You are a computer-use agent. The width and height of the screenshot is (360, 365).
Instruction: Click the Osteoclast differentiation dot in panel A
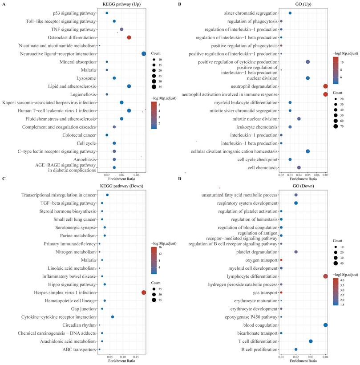point(129,37)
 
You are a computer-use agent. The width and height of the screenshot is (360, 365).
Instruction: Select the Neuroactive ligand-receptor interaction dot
point(144,54)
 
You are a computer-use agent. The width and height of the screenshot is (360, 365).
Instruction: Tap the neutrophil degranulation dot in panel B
point(325,86)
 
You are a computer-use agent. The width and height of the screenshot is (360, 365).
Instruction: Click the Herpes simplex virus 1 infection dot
point(144,292)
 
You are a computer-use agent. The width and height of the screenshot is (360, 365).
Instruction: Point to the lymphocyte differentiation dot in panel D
point(326,276)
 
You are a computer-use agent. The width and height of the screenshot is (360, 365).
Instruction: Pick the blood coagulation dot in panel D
point(326,325)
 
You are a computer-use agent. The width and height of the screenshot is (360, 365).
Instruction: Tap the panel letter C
point(4,178)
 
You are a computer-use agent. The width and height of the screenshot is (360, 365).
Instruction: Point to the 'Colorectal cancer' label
point(77,135)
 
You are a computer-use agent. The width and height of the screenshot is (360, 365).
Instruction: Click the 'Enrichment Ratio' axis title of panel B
point(303,177)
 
